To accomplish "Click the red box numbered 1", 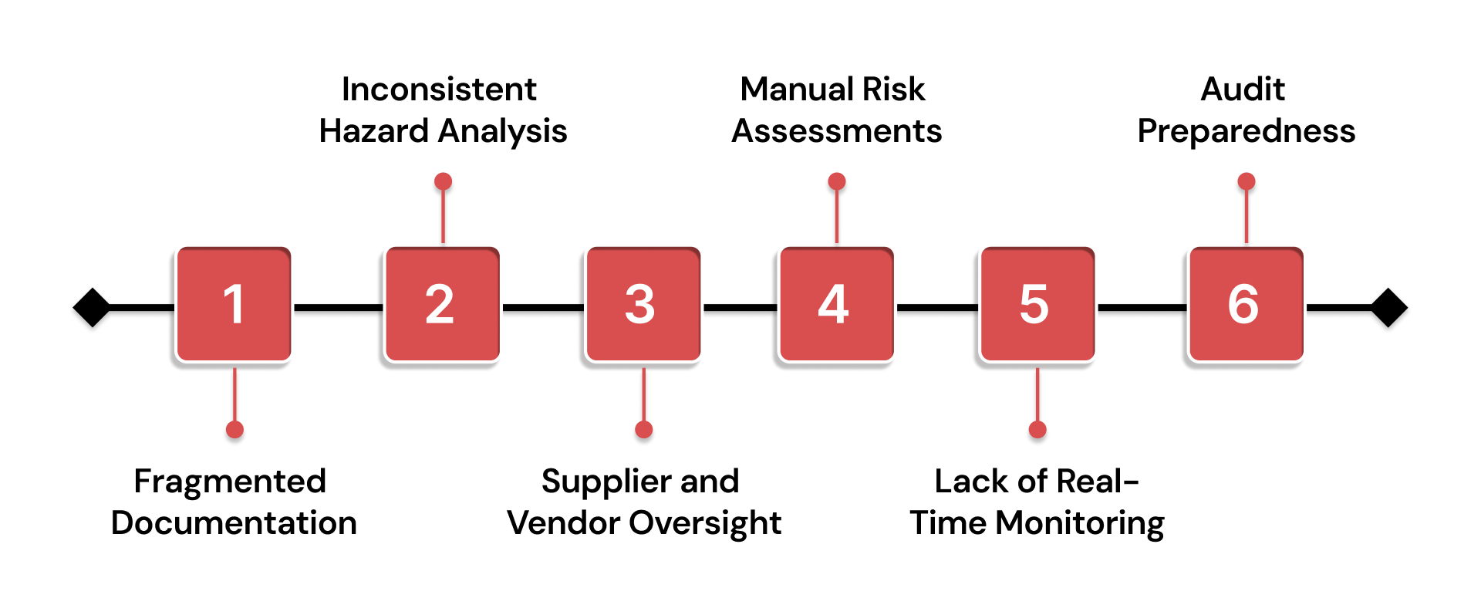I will [234, 304].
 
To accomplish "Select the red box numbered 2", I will [442, 304].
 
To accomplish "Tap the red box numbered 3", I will [643, 304].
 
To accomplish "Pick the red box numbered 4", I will [836, 304].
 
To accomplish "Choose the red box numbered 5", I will [1037, 304].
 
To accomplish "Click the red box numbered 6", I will [1246, 304].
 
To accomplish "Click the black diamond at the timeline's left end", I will [93, 307].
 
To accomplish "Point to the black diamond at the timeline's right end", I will [1388, 307].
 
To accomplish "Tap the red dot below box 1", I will [234, 430].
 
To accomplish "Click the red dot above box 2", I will [443, 181].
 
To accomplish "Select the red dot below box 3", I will [644, 430].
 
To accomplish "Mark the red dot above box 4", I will [837, 181].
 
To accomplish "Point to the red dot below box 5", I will [1037, 430].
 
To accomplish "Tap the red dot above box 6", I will [1247, 181].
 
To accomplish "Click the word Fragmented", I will [230, 482].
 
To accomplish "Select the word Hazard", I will [373, 131].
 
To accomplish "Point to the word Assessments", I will [837, 131].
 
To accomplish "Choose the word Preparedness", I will [1247, 132].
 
